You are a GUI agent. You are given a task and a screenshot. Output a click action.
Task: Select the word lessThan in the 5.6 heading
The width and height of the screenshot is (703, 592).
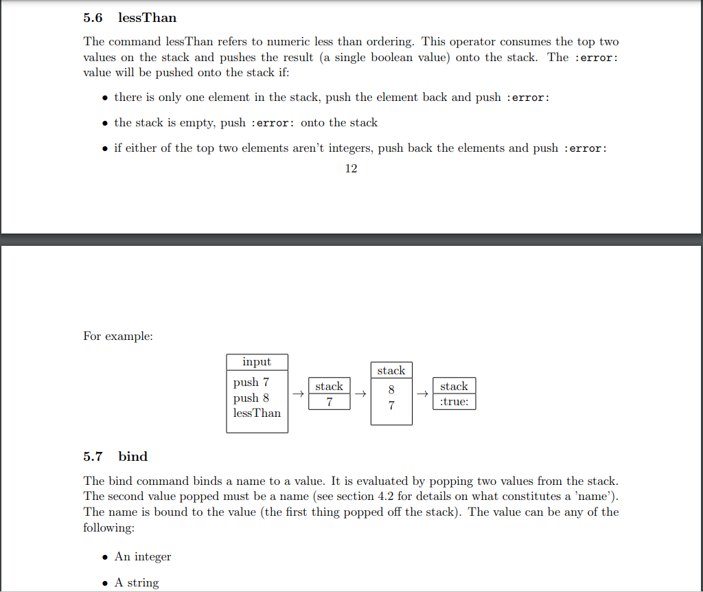[147, 17]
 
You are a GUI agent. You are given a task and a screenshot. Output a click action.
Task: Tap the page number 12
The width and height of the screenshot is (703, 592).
[351, 168]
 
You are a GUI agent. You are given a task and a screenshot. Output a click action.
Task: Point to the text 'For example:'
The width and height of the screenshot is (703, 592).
[118, 336]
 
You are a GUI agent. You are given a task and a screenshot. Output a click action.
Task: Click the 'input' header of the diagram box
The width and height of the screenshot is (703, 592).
[257, 362]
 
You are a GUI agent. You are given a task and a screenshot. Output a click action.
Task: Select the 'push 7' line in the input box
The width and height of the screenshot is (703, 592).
[251, 382]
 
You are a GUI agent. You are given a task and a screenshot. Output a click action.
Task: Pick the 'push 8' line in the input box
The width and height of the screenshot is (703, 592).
[251, 398]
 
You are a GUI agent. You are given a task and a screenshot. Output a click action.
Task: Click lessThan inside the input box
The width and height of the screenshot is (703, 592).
[257, 413]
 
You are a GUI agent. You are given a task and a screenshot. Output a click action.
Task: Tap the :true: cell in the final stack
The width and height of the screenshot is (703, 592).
[454, 402]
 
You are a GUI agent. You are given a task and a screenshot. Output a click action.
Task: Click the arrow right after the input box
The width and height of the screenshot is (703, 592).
[297, 394]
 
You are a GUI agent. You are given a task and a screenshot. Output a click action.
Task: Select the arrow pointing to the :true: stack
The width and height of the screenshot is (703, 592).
[423, 394]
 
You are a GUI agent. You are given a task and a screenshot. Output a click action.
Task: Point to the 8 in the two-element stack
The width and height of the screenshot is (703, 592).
[391, 390]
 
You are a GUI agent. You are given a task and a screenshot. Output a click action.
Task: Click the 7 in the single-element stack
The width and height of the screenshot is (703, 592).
[329, 402]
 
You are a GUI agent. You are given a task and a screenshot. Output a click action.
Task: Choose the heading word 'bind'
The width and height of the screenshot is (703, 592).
[132, 457]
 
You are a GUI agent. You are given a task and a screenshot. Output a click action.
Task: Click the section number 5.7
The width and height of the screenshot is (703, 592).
[93, 457]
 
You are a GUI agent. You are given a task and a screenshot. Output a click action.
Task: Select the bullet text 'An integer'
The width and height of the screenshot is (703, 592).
[143, 556]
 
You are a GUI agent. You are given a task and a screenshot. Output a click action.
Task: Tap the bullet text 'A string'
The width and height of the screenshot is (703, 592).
[137, 582]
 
